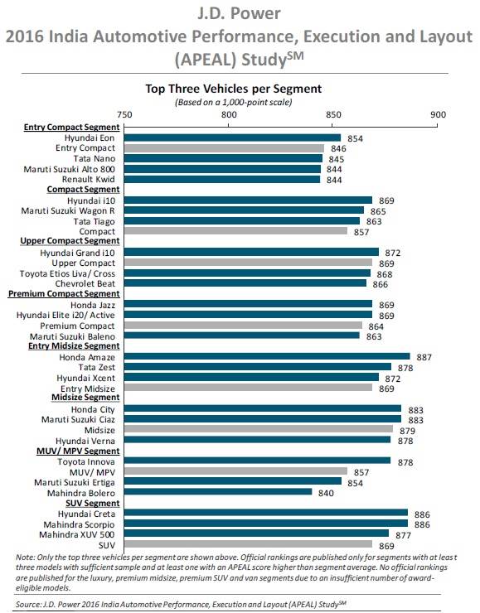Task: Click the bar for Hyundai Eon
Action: click(x=233, y=138)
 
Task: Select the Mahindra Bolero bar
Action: click(x=218, y=492)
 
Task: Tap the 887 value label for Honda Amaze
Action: click(x=425, y=356)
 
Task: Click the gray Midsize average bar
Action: click(x=259, y=430)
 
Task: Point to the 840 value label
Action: click(x=326, y=492)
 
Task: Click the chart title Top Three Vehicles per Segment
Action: click(x=234, y=88)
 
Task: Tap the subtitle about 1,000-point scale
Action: click(x=234, y=101)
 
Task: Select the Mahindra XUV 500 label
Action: click(x=82, y=534)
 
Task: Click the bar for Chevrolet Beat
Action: click(x=245, y=283)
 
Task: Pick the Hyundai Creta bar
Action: click(x=266, y=514)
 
